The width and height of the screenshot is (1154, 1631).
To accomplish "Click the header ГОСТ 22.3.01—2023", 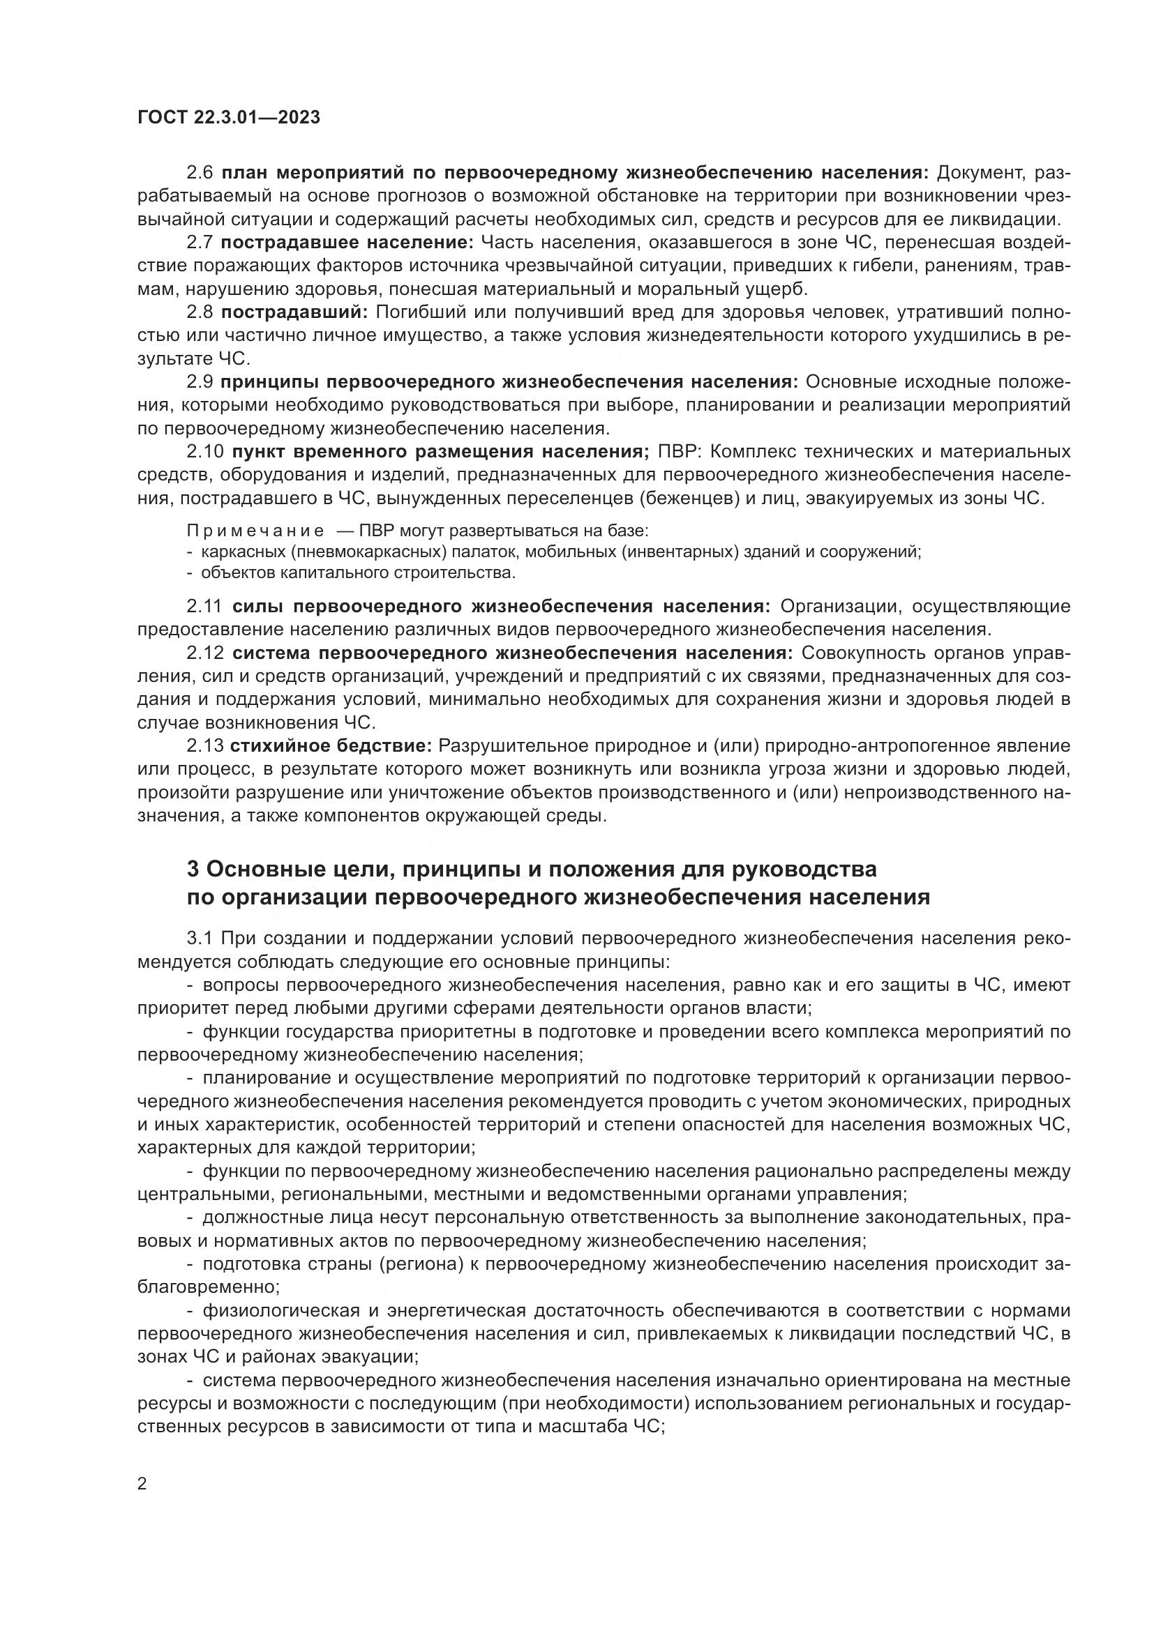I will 229,118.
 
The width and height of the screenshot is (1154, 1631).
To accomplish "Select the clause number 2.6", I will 199,173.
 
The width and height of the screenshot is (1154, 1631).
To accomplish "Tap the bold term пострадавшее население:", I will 347,242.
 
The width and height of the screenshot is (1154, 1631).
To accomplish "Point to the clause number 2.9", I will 199,381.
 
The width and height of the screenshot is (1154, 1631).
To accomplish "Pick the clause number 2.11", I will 204,606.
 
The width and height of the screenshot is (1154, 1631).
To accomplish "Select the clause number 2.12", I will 204,652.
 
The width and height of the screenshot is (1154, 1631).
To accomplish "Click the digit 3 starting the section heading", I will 192,869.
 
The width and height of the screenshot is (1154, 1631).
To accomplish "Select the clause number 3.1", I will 199,939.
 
